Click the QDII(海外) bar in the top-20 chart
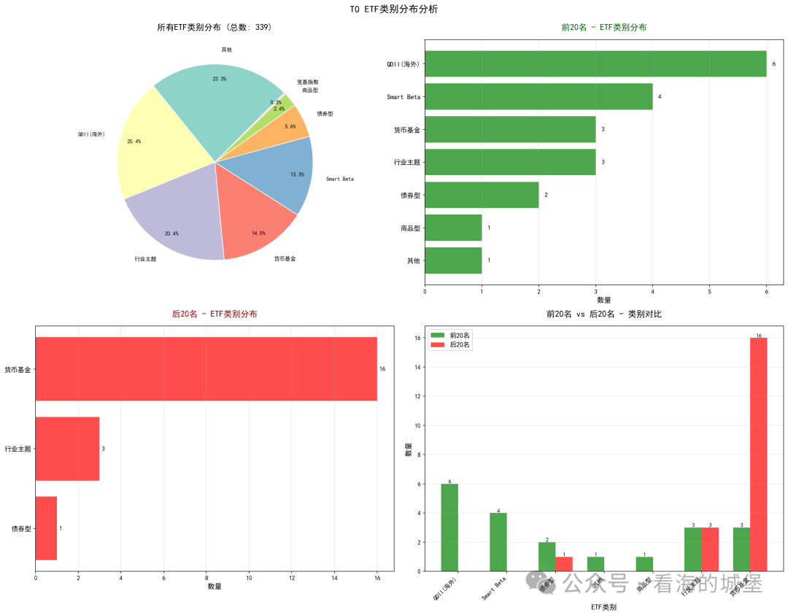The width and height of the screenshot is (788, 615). click(x=595, y=63)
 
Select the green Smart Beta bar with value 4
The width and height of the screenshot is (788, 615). click(x=538, y=96)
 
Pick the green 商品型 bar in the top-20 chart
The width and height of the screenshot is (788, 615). click(x=453, y=228)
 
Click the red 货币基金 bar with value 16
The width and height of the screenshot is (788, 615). click(x=206, y=369)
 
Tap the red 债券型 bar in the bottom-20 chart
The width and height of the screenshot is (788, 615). click(x=46, y=528)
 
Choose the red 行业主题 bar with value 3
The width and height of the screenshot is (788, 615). click(x=67, y=449)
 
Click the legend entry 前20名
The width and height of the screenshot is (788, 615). click(x=453, y=335)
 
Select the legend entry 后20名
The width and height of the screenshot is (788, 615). click(x=453, y=345)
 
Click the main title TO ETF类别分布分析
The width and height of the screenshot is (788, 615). click(x=394, y=9)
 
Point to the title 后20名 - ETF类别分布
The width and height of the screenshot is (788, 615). click(x=215, y=314)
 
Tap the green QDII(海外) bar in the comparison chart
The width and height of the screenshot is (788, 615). click(x=449, y=527)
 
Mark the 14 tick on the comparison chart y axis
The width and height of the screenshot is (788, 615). click(x=417, y=367)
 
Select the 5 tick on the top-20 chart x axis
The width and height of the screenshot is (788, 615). click(x=709, y=291)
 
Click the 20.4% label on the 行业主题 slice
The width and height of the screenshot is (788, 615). click(x=171, y=233)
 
